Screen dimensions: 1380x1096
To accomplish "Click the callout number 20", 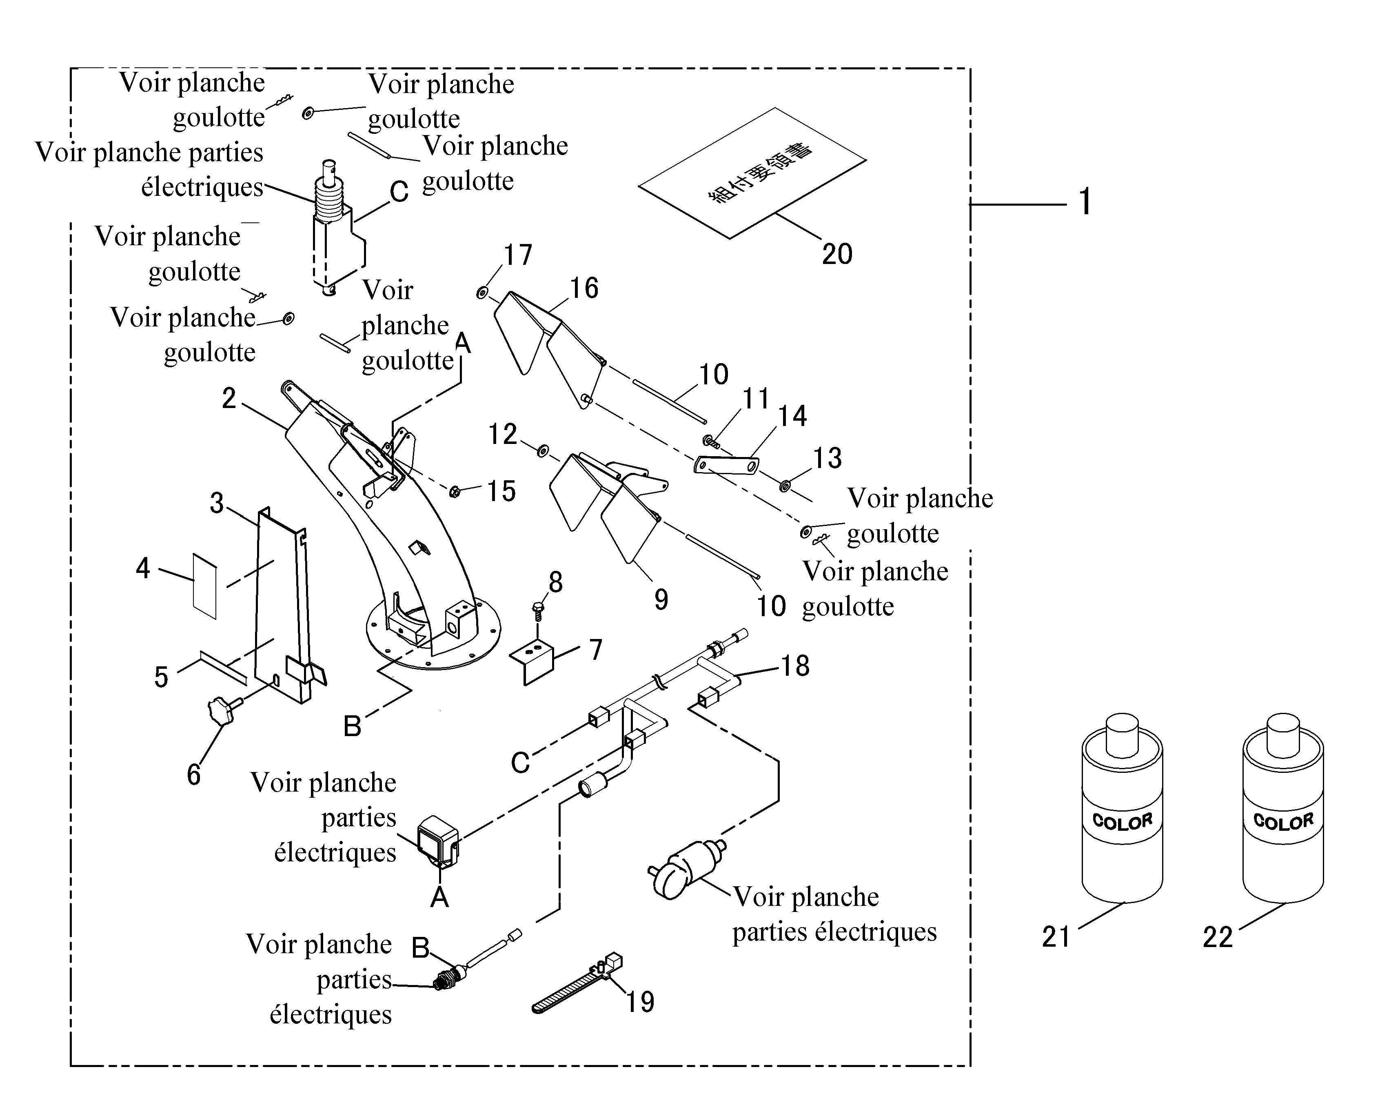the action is tap(837, 254).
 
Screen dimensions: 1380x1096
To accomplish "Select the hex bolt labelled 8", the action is tap(538, 610).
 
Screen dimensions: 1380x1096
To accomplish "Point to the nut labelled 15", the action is tap(455, 492).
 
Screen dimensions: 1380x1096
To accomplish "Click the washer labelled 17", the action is tap(481, 293).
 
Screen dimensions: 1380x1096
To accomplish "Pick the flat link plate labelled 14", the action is tap(726, 465).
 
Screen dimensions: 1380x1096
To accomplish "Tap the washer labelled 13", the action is tap(785, 486).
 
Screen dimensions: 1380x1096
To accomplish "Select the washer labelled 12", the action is tap(541, 451).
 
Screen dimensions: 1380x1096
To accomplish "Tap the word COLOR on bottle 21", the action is tap(1122, 821).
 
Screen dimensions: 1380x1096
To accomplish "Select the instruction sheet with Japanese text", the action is tap(752, 173).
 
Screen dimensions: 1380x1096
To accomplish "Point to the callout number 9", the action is tap(661, 600).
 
